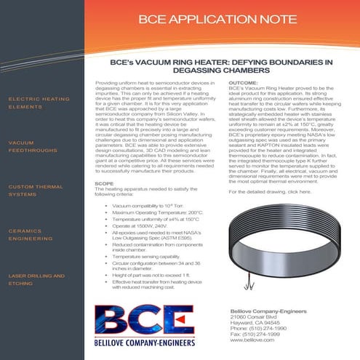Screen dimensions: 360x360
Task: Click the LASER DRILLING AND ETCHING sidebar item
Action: point(37,280)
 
